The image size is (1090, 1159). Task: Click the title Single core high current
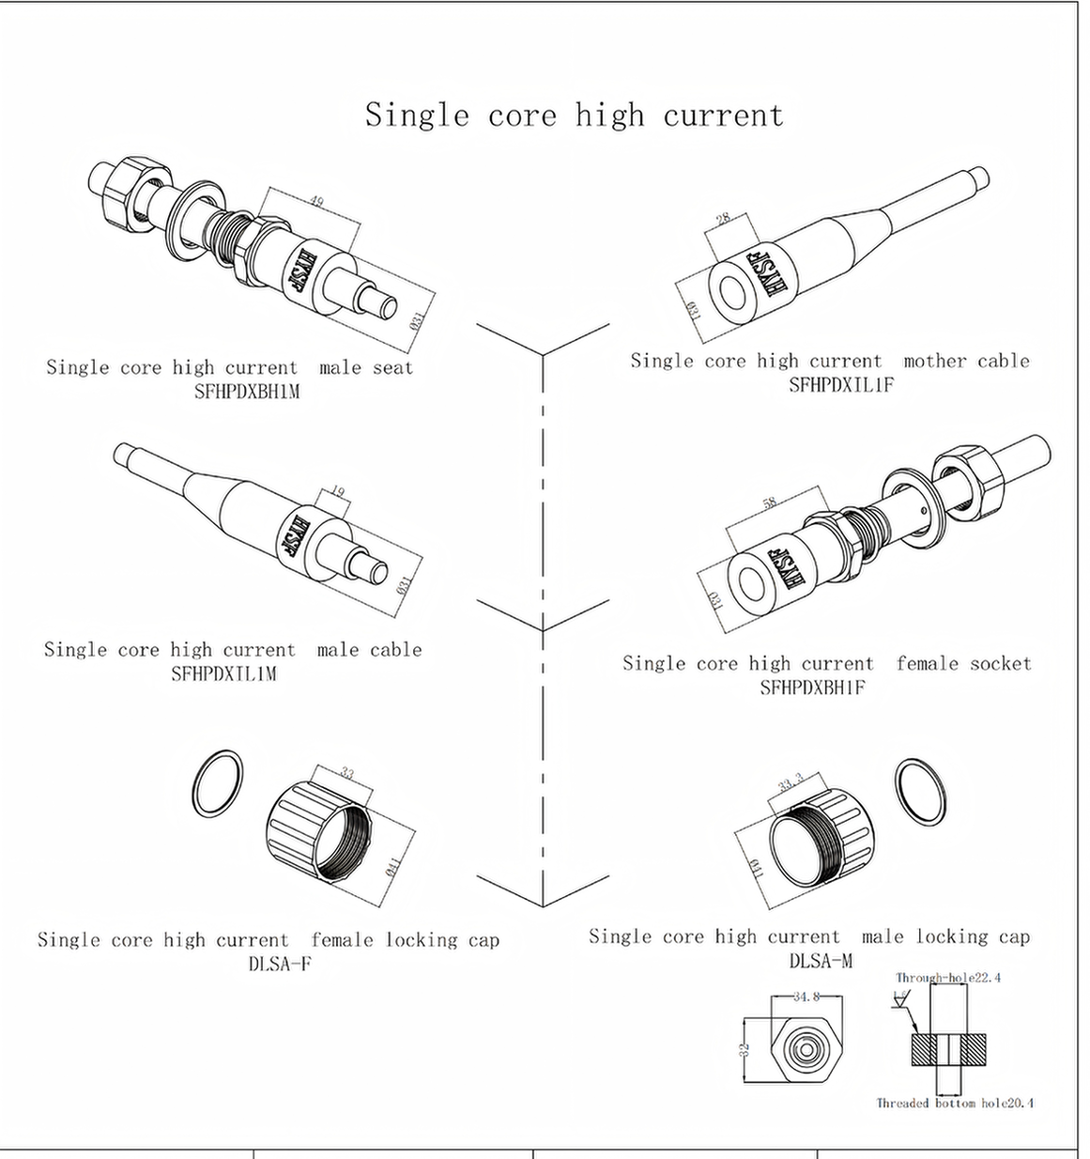[574, 115]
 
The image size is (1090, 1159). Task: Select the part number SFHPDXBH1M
[247, 392]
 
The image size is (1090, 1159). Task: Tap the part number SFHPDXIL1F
[840, 384]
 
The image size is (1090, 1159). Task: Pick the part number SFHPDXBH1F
[812, 688]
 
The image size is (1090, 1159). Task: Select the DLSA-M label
[821, 961]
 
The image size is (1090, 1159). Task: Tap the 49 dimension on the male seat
[315, 200]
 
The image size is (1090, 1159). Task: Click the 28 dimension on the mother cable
[723, 219]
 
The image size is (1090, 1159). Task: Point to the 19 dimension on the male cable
[338, 491]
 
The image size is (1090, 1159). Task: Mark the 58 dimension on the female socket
[770, 503]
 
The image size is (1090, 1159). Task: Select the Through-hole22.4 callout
[947, 978]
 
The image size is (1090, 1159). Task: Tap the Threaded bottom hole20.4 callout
[955, 1103]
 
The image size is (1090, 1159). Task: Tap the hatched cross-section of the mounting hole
[948, 1048]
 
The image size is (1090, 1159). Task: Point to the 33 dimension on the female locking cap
[347, 774]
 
